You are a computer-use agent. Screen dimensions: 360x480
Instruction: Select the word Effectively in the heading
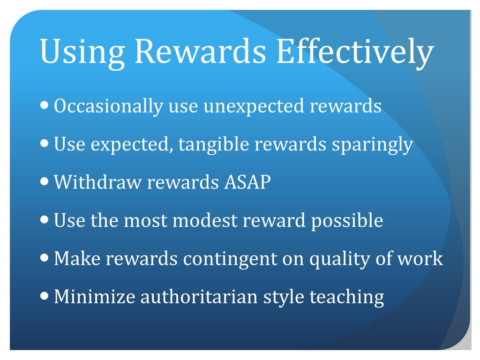(x=353, y=52)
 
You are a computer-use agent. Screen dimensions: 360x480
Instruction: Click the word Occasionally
(x=108, y=107)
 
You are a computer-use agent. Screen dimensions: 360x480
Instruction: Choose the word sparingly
(x=372, y=145)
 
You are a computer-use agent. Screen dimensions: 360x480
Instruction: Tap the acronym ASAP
(x=245, y=182)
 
